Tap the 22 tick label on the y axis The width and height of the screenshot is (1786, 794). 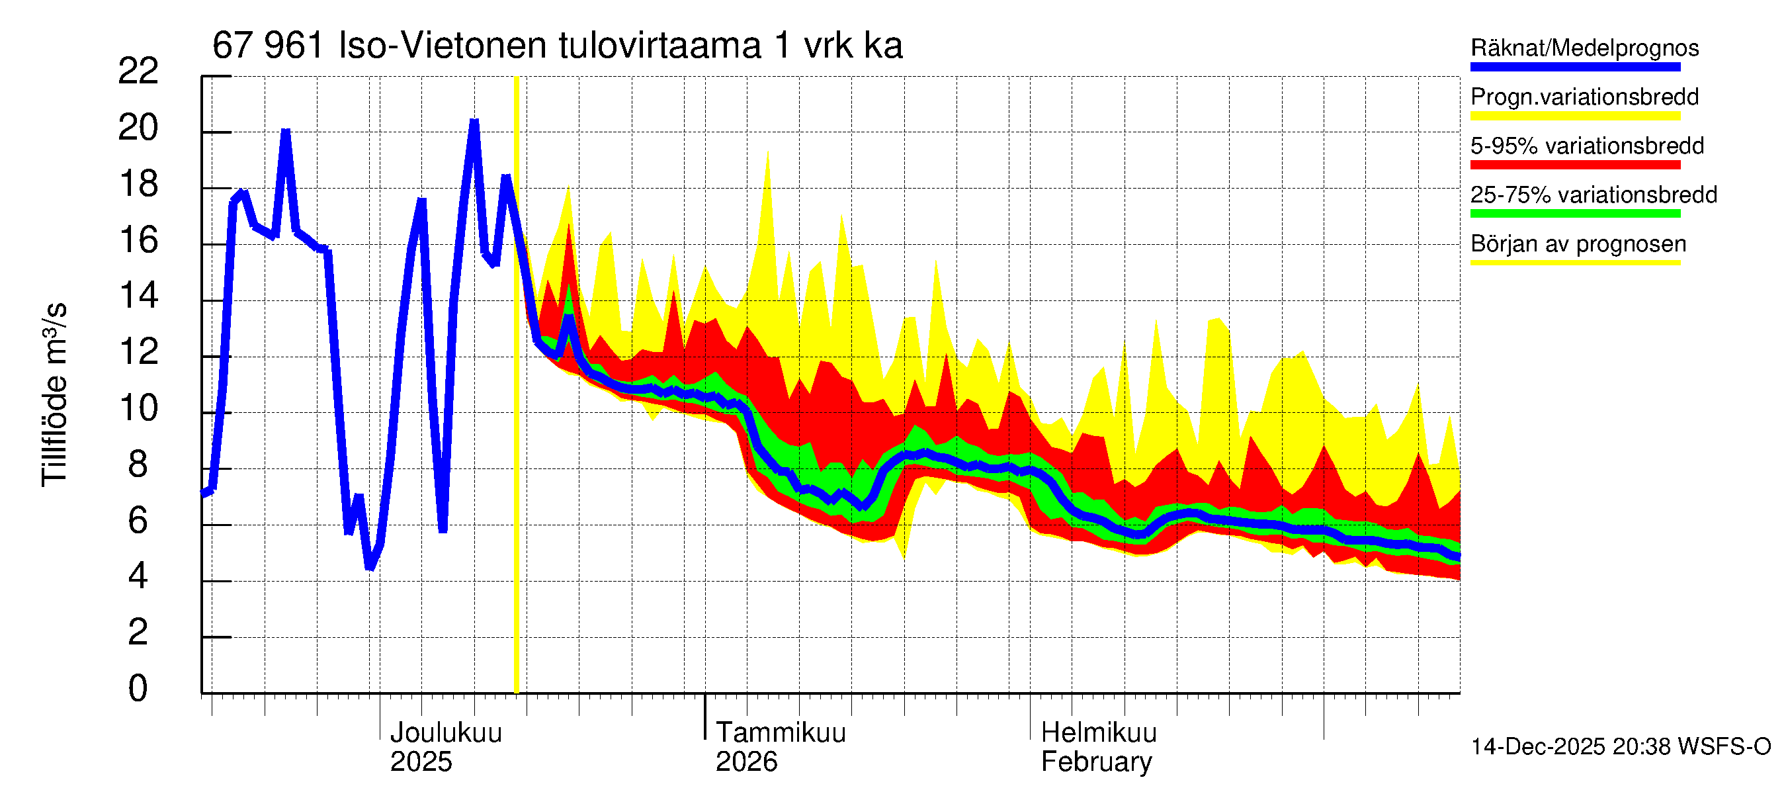139,71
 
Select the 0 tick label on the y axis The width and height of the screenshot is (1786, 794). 138,689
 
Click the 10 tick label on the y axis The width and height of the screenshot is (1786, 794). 139,408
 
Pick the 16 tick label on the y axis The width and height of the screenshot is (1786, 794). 139,241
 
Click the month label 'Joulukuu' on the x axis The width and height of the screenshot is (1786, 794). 446,733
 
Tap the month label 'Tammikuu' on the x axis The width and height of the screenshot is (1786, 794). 781,733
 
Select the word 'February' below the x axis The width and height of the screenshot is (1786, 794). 1096,762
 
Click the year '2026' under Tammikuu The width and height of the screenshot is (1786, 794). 746,762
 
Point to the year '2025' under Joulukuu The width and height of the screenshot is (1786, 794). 421,762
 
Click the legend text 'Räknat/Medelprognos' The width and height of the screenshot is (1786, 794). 1584,48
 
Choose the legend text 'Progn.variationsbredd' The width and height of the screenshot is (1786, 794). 1584,97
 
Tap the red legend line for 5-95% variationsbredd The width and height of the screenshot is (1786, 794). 1574,165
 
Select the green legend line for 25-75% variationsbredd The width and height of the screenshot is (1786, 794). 1574,214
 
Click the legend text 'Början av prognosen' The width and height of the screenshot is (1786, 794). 1578,244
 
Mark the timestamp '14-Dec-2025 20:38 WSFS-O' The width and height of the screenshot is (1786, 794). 1620,747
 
